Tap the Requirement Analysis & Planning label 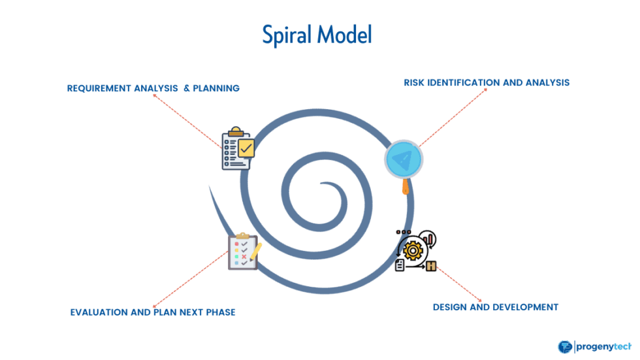tap(153, 88)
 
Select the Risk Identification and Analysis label tap(487, 83)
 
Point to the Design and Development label tap(496, 306)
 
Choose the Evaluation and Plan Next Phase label tap(153, 312)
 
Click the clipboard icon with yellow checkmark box tap(236, 149)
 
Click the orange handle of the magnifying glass tap(406, 188)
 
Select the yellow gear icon tap(413, 250)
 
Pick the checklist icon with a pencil tap(244, 251)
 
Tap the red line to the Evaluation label tap(190, 281)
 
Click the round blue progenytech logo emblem tap(564, 347)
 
